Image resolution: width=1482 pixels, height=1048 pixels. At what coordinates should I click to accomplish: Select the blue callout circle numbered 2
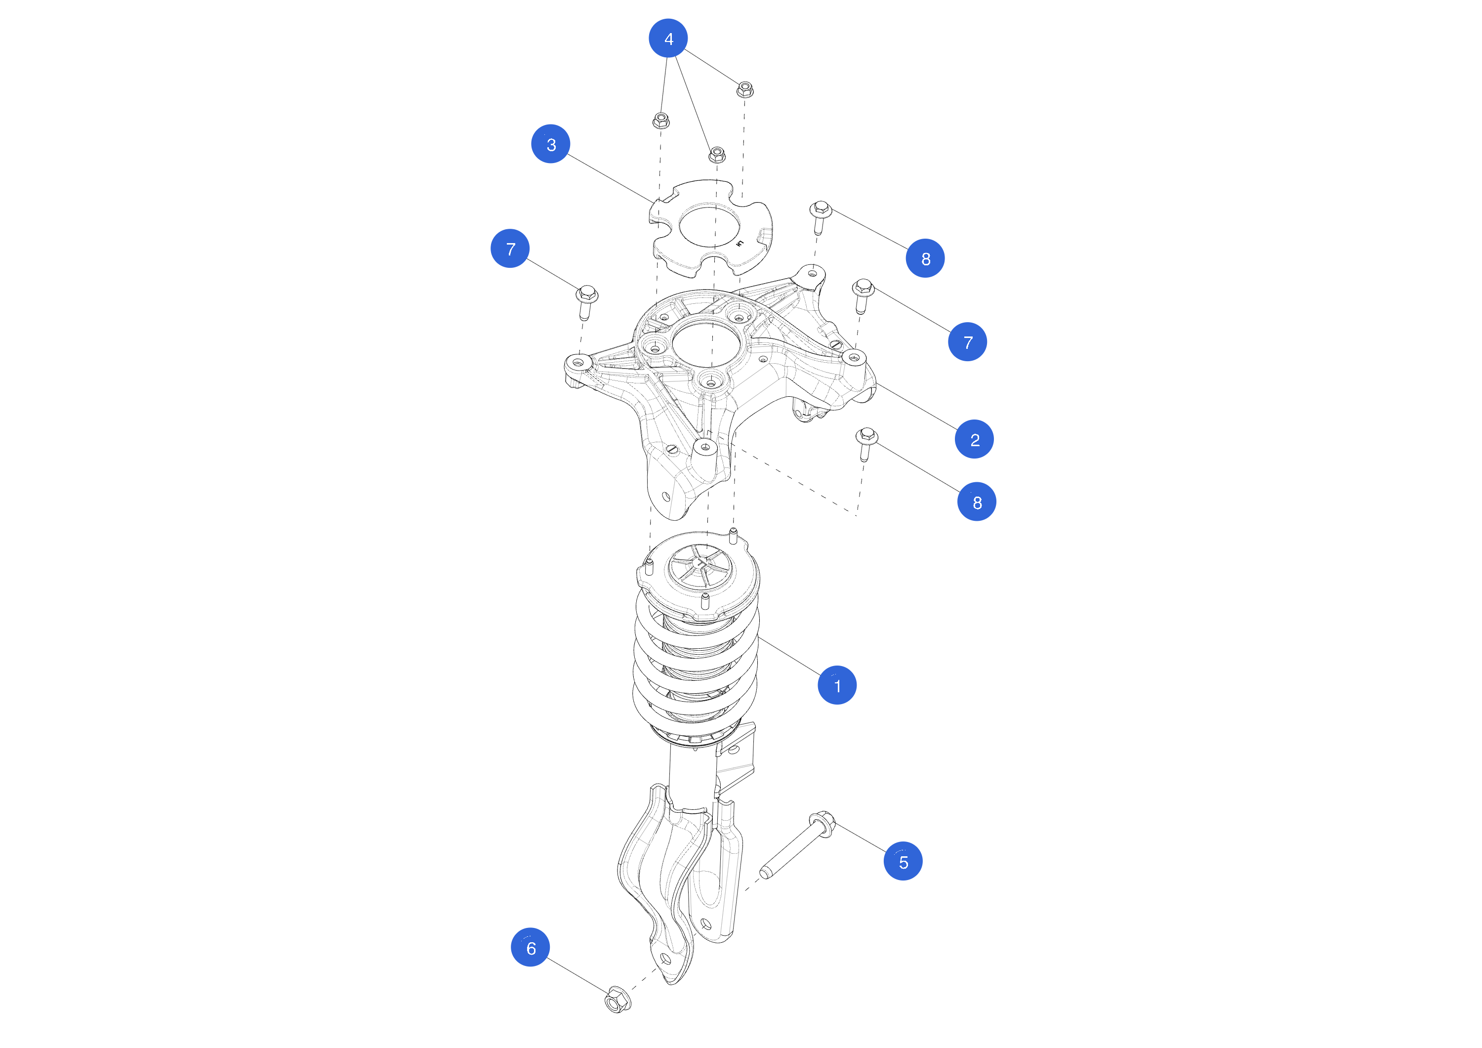(x=974, y=439)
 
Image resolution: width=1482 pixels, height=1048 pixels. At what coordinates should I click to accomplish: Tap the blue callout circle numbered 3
(x=551, y=144)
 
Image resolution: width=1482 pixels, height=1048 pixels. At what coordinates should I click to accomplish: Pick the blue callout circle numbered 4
(x=668, y=38)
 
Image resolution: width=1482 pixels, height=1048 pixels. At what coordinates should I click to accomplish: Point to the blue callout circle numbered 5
(x=903, y=861)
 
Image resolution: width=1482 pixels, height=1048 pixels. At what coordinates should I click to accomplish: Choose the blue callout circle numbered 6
(x=530, y=947)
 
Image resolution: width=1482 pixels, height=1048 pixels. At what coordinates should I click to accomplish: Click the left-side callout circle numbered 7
(x=510, y=249)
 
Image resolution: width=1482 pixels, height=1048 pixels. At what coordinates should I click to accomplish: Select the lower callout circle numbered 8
(x=977, y=502)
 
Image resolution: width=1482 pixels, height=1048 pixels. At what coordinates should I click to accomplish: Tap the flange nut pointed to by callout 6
(x=617, y=1000)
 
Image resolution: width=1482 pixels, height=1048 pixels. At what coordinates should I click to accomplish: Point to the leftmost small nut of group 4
(x=660, y=120)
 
